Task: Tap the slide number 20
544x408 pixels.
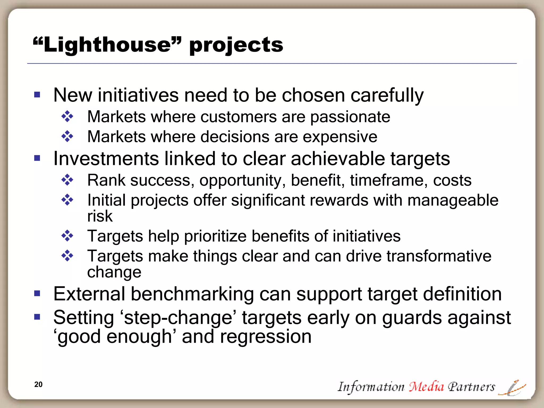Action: (38, 384)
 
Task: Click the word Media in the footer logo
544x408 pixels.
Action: (426, 386)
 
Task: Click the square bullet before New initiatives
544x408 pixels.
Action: (37, 95)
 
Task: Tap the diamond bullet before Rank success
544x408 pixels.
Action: (67, 180)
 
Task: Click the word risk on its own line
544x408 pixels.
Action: (100, 216)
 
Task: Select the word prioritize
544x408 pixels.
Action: (215, 236)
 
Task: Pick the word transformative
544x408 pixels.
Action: (439, 256)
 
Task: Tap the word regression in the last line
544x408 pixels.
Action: (266, 337)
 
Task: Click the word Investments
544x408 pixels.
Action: (106, 159)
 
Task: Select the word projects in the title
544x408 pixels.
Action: (236, 45)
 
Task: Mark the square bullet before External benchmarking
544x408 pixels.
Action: (37, 294)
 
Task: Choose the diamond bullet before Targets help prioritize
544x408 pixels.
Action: (67, 236)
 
